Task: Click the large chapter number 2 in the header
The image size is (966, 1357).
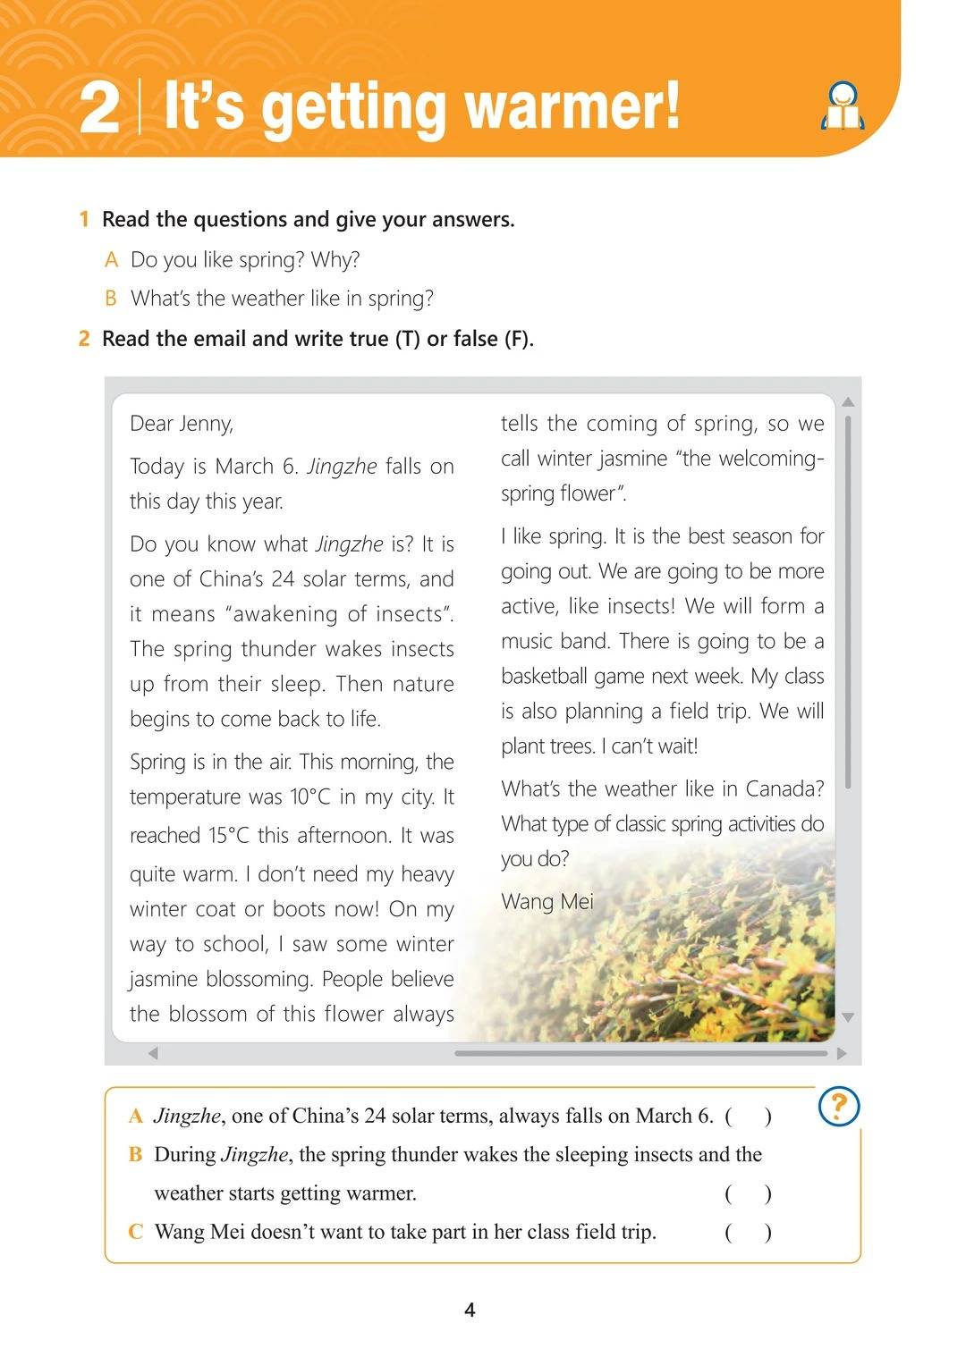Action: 98,109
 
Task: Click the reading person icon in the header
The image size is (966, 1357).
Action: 843,107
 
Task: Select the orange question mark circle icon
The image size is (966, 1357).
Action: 839,1107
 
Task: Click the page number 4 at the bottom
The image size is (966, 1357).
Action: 470,1311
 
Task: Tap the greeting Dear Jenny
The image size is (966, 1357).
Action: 182,424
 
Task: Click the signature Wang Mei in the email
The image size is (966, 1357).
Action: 547,901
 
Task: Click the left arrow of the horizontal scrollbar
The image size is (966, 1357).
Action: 153,1053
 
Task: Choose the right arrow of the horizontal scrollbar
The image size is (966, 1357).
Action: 842,1053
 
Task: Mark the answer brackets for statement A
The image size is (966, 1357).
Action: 748,1116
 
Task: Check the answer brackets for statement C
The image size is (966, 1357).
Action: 748,1232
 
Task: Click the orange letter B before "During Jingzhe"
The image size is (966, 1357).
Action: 136,1154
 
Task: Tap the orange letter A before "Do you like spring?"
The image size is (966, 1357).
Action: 112,260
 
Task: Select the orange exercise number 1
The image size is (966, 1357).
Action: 84,220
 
